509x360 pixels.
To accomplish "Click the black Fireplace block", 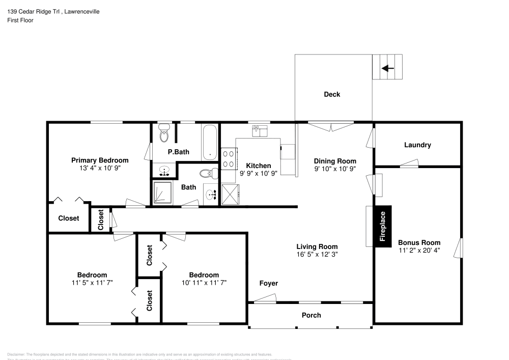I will point(383,227).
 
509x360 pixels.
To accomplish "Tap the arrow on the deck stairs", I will point(388,68).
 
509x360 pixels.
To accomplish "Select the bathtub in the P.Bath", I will point(209,142).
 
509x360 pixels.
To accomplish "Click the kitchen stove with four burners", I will point(229,158).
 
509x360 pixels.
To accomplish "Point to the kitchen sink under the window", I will point(261,131).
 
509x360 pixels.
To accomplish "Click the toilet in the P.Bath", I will point(164,134).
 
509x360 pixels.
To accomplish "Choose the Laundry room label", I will point(417,145).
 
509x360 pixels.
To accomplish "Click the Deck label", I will point(332,94).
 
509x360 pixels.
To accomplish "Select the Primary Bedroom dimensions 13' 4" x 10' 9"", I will point(99,168).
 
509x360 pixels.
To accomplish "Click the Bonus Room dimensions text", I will point(419,250).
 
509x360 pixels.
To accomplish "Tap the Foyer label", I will point(268,283).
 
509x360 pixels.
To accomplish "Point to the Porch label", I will point(312,315).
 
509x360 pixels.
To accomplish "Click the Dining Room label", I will point(334,161).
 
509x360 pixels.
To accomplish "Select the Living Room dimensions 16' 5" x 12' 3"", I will point(317,254).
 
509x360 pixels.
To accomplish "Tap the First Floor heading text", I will point(20,20).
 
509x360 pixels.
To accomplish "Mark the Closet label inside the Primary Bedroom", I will point(68,218).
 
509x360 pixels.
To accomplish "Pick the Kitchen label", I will point(259,165).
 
